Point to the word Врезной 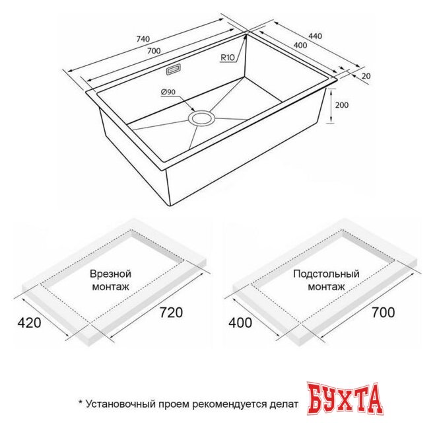tap(110, 274)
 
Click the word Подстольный tap(326, 273)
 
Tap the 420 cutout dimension tap(29, 323)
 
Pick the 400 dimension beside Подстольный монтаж tap(242, 323)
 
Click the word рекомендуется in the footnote tap(240, 403)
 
